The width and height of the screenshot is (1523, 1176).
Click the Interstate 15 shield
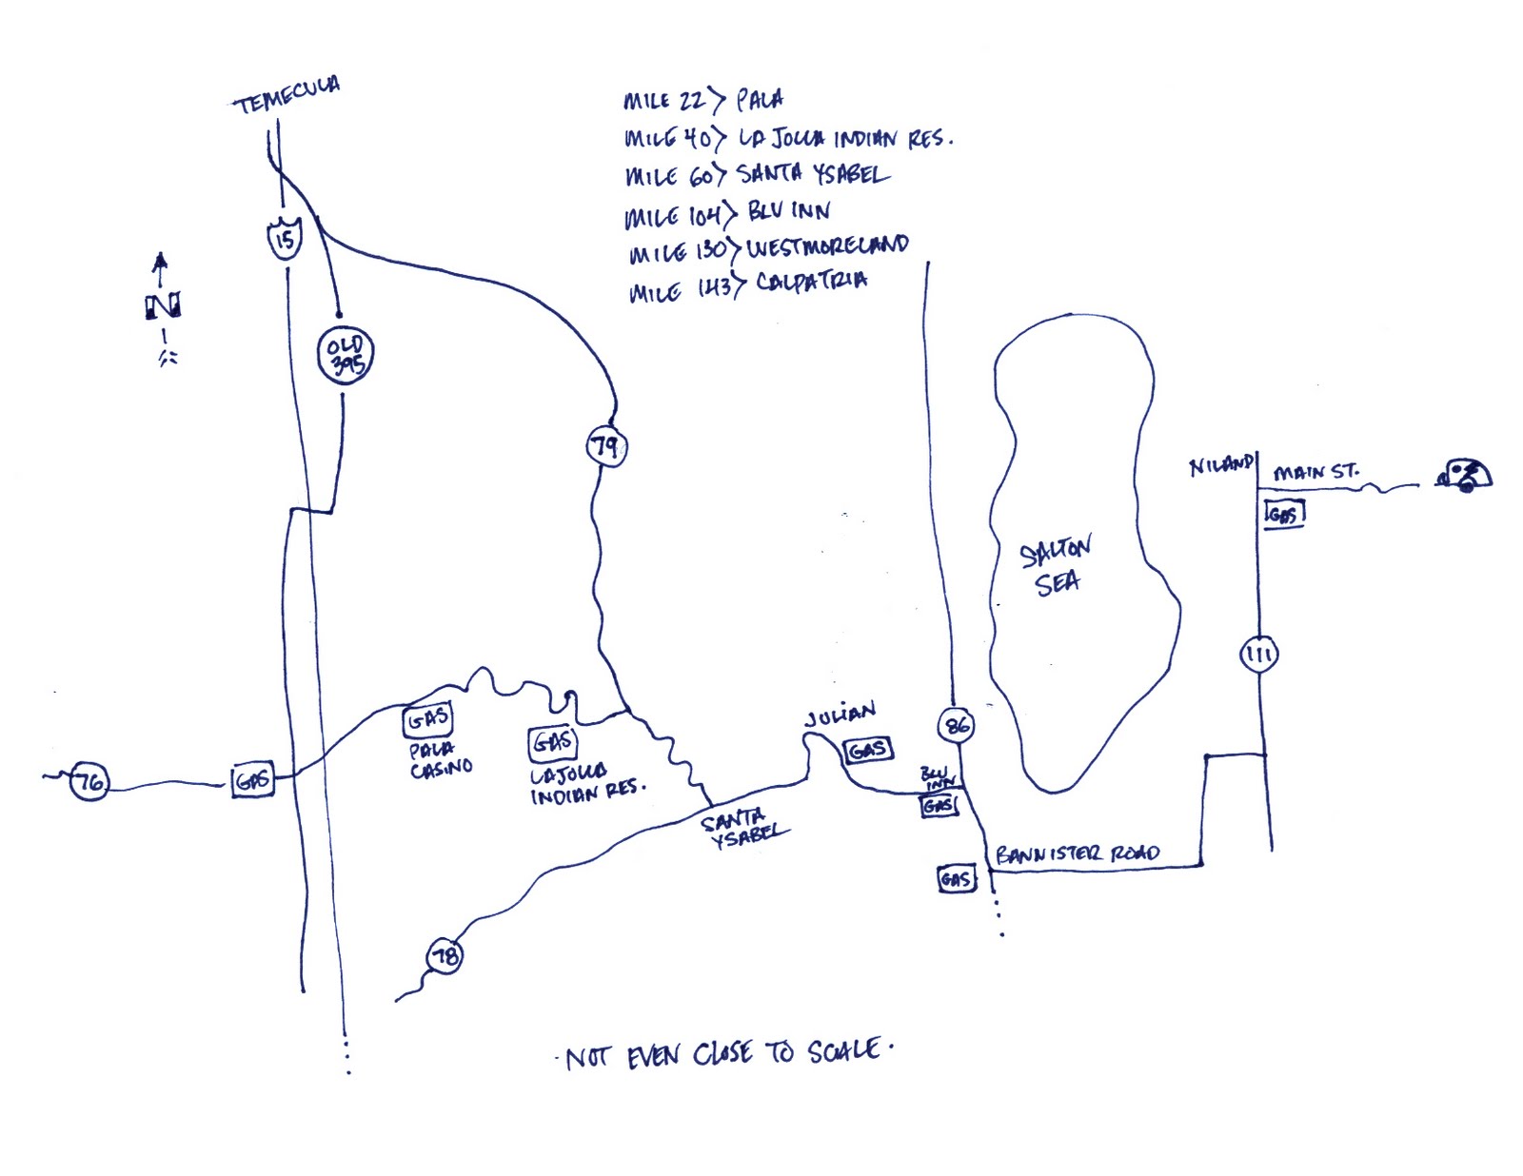click(x=284, y=238)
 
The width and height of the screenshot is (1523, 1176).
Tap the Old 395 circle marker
click(x=345, y=356)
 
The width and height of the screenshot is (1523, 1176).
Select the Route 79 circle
click(x=606, y=446)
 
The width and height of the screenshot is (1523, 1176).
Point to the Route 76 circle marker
click(x=89, y=782)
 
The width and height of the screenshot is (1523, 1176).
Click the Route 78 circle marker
click(x=445, y=955)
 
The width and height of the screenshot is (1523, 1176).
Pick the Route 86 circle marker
click(x=956, y=727)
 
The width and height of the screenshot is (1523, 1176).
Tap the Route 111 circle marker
click(x=1258, y=654)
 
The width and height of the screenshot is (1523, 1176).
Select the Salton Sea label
click(x=1056, y=566)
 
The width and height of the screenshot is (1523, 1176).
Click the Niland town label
click(x=1221, y=465)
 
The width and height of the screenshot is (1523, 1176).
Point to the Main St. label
click(x=1315, y=471)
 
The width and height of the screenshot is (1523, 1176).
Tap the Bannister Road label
click(x=1077, y=853)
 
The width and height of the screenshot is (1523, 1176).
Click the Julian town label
click(x=839, y=715)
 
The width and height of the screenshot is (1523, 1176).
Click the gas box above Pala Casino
click(x=427, y=720)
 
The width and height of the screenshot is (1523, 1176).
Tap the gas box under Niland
click(x=1283, y=515)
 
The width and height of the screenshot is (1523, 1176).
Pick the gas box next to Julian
click(x=868, y=751)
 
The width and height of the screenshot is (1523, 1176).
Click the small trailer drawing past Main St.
click(x=1464, y=474)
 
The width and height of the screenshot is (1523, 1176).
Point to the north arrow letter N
click(x=163, y=306)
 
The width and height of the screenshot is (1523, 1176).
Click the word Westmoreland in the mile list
click(x=826, y=246)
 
